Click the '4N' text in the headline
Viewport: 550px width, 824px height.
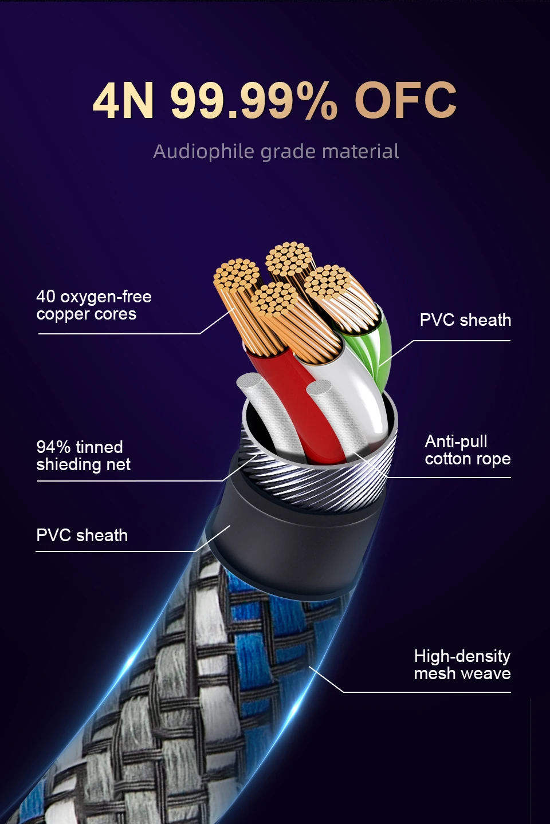tap(123, 100)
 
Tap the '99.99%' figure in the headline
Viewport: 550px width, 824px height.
tap(254, 100)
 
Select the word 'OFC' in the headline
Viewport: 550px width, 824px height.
tap(405, 100)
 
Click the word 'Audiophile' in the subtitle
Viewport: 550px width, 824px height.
tap(203, 152)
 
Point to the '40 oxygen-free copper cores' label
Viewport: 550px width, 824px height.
tap(94, 305)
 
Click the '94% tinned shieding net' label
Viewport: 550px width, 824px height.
tap(83, 455)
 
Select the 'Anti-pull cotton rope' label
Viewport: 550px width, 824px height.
tap(467, 450)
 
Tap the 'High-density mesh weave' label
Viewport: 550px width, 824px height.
tap(462, 665)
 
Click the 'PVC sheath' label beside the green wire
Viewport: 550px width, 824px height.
tap(465, 320)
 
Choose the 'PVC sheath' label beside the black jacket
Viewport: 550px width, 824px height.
tap(82, 535)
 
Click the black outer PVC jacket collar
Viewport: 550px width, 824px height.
tap(294, 541)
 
